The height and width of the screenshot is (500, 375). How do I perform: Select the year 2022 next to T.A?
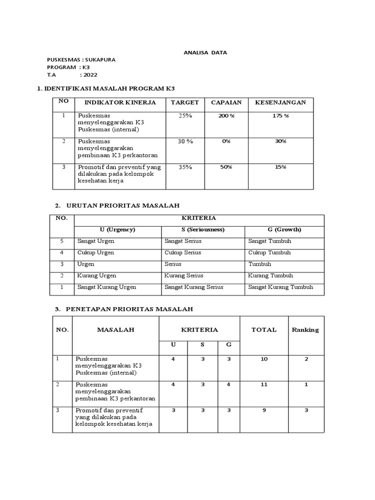tap(90, 75)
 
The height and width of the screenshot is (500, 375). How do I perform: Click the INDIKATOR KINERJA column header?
tap(120, 102)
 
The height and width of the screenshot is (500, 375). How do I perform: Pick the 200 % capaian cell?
tap(226, 116)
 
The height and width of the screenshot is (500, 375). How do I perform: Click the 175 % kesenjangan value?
tap(280, 116)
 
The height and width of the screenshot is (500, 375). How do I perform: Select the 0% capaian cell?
tap(226, 141)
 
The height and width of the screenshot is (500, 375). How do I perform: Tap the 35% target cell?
tap(185, 167)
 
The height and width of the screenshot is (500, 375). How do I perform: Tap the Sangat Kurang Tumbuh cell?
tap(280, 287)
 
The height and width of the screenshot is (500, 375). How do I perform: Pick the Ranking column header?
tap(305, 330)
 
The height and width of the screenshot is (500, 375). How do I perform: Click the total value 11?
tap(264, 385)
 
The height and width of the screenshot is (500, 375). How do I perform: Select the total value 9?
tap(264, 410)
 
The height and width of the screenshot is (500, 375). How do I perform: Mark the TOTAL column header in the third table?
tap(264, 330)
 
